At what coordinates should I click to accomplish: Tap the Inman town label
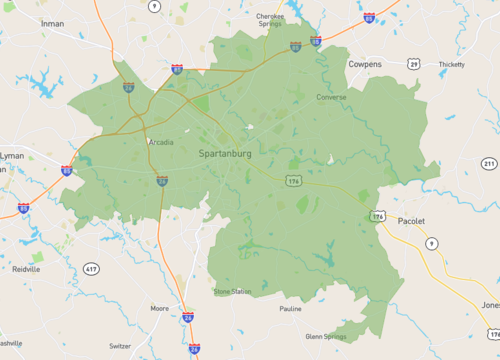tap(54, 23)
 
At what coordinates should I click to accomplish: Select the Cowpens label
tap(364, 63)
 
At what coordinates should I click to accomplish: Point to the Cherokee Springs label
tap(270, 20)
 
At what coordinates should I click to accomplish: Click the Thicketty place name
tap(451, 64)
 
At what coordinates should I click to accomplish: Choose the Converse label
tap(331, 97)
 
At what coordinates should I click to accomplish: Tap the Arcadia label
tap(160, 142)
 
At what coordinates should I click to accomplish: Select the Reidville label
tap(26, 269)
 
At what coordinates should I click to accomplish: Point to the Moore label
tap(159, 309)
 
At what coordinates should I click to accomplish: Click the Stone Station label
tap(232, 291)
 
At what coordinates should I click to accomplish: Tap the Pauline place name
tap(290, 309)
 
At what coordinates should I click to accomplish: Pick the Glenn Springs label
tap(326, 337)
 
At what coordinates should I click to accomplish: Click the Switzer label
tap(120, 345)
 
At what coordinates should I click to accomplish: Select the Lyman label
tap(12, 156)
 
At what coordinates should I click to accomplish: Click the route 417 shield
tap(92, 269)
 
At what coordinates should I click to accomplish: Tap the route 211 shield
tap(488, 163)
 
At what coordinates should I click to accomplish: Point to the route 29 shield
tap(413, 63)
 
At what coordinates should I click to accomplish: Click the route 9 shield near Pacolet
tap(431, 243)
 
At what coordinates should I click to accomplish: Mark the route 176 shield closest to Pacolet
tap(377, 215)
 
